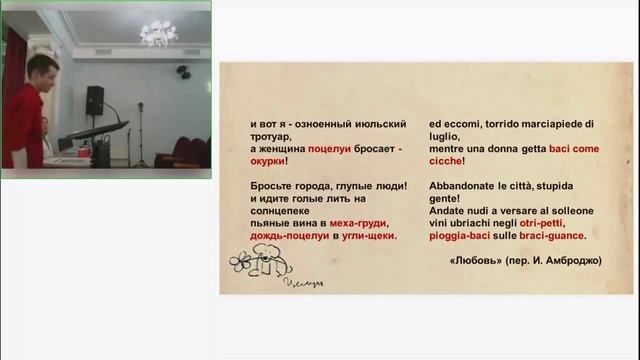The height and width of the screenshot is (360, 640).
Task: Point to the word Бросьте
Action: pyautogui.click(x=274, y=186)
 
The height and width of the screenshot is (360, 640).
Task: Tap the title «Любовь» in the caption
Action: pyautogui.click(x=473, y=261)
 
